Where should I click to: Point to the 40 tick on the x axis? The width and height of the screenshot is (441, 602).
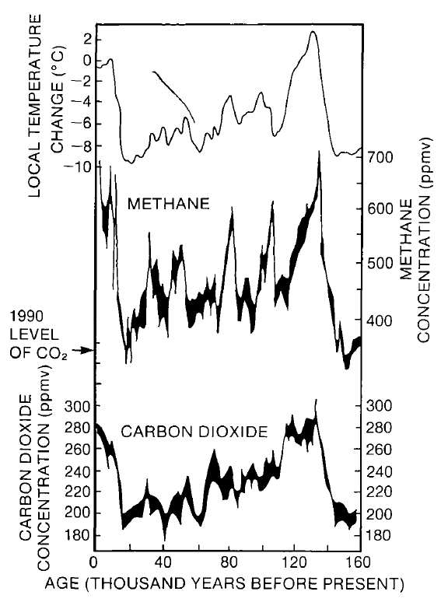tap(163, 563)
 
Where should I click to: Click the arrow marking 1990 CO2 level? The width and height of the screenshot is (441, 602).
tap(82, 352)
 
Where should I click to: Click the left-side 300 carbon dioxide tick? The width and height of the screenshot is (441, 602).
tap(75, 406)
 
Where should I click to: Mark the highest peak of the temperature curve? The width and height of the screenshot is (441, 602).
tap(313, 32)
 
